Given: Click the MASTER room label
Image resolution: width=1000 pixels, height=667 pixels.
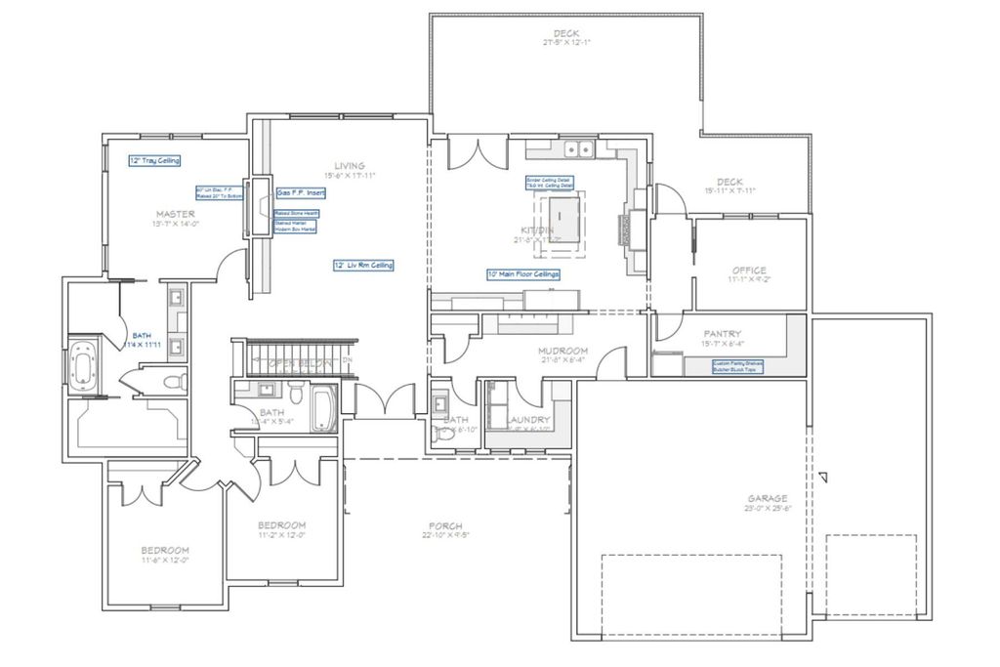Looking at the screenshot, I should click(x=174, y=213).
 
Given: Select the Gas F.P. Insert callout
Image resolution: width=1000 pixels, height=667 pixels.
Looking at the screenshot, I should click(x=300, y=193).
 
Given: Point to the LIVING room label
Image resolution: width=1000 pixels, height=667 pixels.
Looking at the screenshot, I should click(x=349, y=165).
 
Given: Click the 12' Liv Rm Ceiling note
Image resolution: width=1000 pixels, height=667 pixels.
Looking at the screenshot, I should click(x=363, y=265).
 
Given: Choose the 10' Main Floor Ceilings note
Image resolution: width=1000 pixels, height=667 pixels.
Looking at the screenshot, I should click(x=522, y=274).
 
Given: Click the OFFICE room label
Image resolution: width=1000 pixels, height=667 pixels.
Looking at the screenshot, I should click(x=749, y=271).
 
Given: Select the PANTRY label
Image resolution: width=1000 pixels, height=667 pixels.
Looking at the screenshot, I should click(x=723, y=333).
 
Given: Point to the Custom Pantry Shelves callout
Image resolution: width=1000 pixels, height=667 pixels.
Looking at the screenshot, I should click(x=738, y=366).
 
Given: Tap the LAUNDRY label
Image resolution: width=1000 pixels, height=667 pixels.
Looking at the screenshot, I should click(x=528, y=420).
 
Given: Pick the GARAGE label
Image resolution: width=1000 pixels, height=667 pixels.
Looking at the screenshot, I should click(x=768, y=498).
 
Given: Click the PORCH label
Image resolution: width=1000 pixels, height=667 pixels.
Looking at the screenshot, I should click(x=445, y=525).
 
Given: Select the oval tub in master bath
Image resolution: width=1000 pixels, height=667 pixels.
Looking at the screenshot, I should click(x=86, y=365).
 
